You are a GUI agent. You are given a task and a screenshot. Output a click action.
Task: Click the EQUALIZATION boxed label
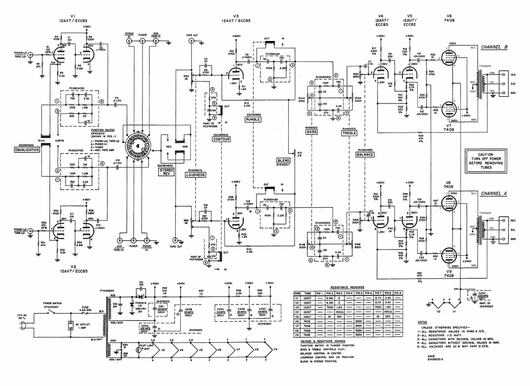pyautogui.click(x=27, y=150)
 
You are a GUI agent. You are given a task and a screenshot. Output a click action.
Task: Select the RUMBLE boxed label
pyautogui.click(x=253, y=120)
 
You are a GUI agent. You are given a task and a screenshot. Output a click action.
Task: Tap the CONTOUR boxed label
pyautogui.click(x=221, y=139)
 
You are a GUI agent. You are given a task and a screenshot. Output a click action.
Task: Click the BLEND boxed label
pyautogui.click(x=283, y=160)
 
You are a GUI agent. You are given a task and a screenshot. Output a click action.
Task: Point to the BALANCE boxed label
pyautogui.click(x=365, y=155)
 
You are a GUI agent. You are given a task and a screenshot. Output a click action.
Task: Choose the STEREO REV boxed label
pyautogui.click(x=166, y=172)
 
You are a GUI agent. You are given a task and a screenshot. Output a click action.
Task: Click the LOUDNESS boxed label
pyautogui.click(x=196, y=175)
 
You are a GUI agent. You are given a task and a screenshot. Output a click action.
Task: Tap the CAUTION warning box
pyautogui.click(x=486, y=161)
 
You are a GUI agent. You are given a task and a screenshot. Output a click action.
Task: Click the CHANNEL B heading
pyautogui.click(x=494, y=47)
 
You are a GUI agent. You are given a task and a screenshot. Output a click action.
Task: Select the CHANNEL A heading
pyautogui.click(x=493, y=194)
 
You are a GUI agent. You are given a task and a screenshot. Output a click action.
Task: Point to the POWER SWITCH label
pyautogui.click(x=52, y=303)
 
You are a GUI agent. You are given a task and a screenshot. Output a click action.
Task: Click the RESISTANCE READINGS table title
pyautogui.click(x=347, y=287)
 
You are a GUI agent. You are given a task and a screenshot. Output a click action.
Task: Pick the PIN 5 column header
pyautogui.click(x=359, y=293)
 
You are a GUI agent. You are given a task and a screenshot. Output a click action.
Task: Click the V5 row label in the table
pyautogui.click(x=297, y=317)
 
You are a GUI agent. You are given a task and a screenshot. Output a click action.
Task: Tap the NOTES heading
pyautogui.click(x=422, y=322)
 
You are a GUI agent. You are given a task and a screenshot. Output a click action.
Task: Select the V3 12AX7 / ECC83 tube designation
pyautogui.click(x=236, y=18)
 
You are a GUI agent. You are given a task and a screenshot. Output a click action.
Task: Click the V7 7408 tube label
pyautogui.click(x=449, y=128)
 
